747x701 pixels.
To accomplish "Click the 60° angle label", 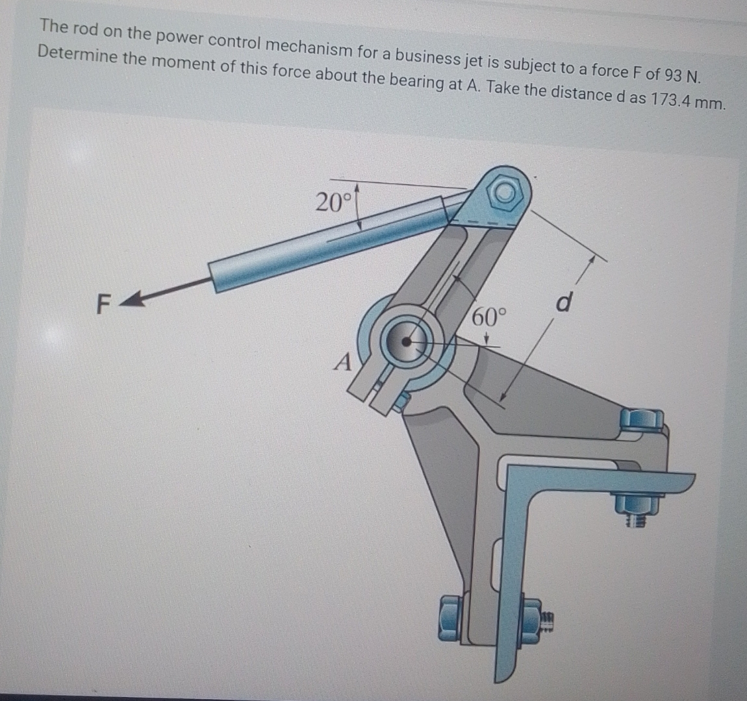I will coord(488,318).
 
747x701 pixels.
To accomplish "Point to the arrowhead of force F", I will coord(135,299).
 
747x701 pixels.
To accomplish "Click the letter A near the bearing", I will coord(343,361).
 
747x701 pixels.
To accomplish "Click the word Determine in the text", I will coord(77,54).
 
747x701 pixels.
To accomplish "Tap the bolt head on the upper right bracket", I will coord(641,420).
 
